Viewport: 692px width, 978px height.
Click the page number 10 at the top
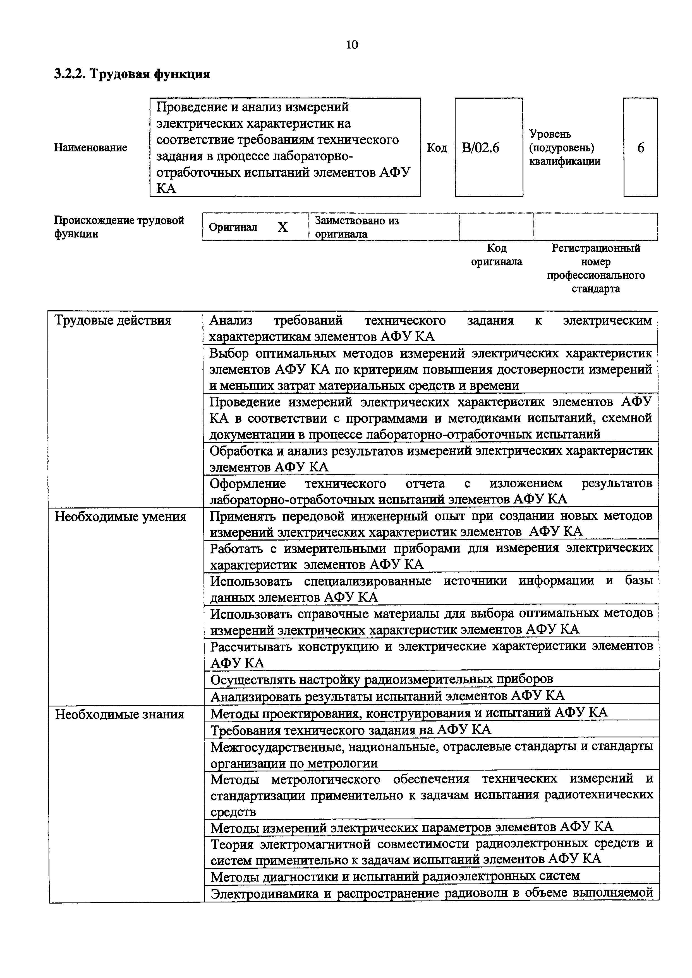[x=352, y=44]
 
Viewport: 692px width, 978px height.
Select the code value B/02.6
[x=480, y=148]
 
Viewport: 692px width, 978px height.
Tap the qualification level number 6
[x=640, y=148]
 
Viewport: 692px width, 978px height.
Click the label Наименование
[x=90, y=148]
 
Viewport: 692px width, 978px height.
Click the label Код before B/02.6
[x=437, y=148]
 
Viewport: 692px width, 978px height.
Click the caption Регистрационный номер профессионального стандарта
[x=596, y=268]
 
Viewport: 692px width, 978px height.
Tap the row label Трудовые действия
[x=113, y=320]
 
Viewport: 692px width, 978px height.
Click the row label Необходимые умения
[x=121, y=517]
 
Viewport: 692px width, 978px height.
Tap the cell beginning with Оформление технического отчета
[x=431, y=491]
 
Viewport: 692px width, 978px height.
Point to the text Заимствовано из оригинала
[x=356, y=227]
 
